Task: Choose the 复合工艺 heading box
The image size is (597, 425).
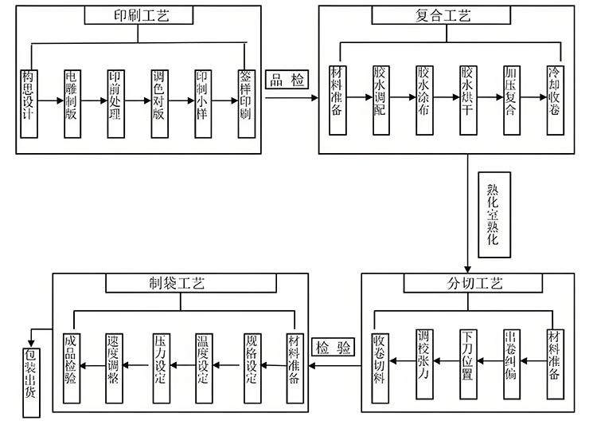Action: click(x=443, y=15)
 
